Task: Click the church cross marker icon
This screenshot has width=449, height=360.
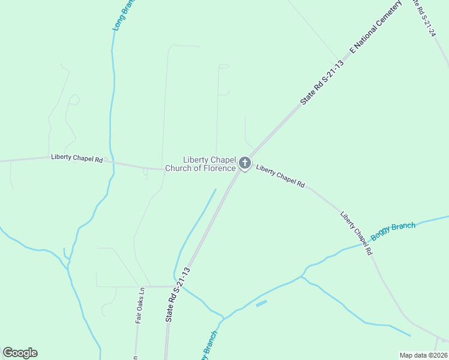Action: [244, 163]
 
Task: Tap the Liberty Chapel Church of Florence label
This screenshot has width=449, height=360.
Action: [209, 164]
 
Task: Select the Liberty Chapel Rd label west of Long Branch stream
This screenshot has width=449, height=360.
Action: [77, 158]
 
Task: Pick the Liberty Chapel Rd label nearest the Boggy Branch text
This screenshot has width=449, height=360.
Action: [357, 233]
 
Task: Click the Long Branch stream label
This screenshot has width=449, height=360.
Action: [124, 15]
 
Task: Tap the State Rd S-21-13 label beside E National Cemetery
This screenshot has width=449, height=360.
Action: [322, 83]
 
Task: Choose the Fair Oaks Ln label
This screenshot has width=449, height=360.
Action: [140, 305]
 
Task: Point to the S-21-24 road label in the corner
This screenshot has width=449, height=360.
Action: [424, 18]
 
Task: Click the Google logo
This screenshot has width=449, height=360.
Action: [20, 353]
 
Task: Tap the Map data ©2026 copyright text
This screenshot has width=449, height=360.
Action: [423, 355]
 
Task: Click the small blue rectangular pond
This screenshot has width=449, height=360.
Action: [261, 304]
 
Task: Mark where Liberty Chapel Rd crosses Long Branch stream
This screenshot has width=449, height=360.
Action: [111, 161]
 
